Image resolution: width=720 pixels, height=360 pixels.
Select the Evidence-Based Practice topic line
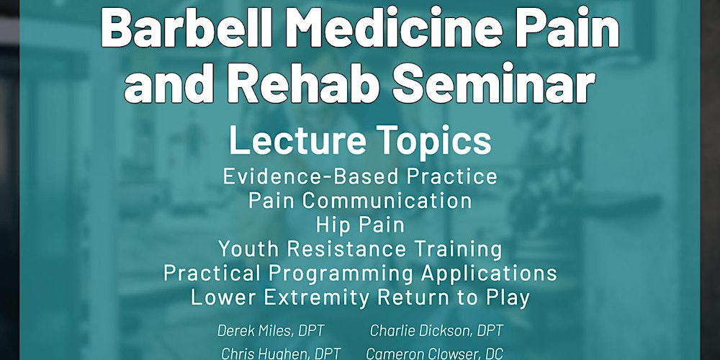pos(360,177)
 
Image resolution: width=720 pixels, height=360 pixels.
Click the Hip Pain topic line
pos(360,225)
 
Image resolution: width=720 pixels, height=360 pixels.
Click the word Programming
pos(341,274)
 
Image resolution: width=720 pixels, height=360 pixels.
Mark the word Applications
pos(489,274)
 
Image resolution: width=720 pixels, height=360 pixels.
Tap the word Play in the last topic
pos(508,297)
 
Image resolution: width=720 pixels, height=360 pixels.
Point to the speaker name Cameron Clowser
pos(417,354)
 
